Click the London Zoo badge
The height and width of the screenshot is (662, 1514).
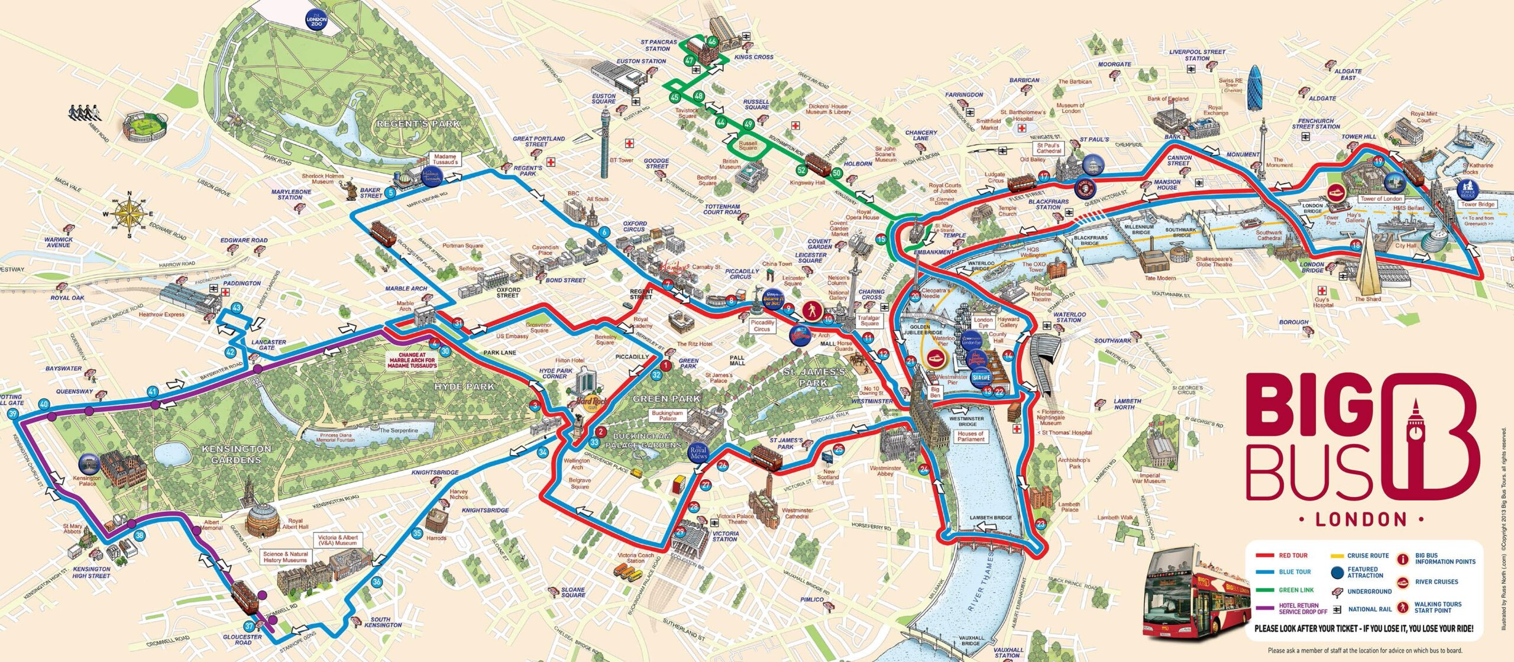pyautogui.click(x=316, y=21)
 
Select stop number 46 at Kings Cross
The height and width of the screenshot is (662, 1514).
pyautogui.click(x=712, y=41)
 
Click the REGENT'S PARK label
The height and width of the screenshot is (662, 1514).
pyautogui.click(x=418, y=124)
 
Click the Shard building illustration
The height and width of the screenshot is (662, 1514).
pyautogui.click(x=1368, y=266)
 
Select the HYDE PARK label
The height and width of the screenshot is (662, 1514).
pyautogui.click(x=464, y=386)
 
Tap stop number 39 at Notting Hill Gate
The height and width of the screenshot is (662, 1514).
pyautogui.click(x=14, y=414)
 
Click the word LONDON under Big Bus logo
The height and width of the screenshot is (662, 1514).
pyautogui.click(x=1360, y=519)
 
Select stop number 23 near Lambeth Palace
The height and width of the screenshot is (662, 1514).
pyautogui.click(x=1040, y=523)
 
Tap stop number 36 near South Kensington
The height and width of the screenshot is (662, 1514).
pyautogui.click(x=377, y=582)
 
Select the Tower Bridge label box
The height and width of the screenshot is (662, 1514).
pyautogui.click(x=1478, y=204)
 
